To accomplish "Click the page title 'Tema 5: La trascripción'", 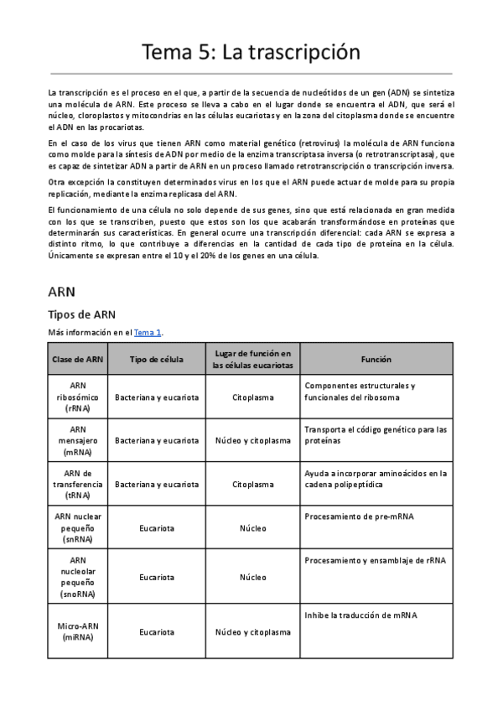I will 251,52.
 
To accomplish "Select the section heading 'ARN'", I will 62,292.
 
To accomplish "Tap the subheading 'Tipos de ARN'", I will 81,314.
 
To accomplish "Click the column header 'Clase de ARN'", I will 78,359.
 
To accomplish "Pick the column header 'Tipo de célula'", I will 157,359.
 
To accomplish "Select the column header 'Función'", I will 376,359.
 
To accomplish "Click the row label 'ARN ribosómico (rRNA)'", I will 78,397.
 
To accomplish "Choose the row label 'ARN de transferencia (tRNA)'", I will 78,484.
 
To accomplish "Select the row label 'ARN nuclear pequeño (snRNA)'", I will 78,528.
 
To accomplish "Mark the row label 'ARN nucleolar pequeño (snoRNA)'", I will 78,577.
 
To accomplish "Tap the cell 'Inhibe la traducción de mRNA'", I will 361,615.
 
